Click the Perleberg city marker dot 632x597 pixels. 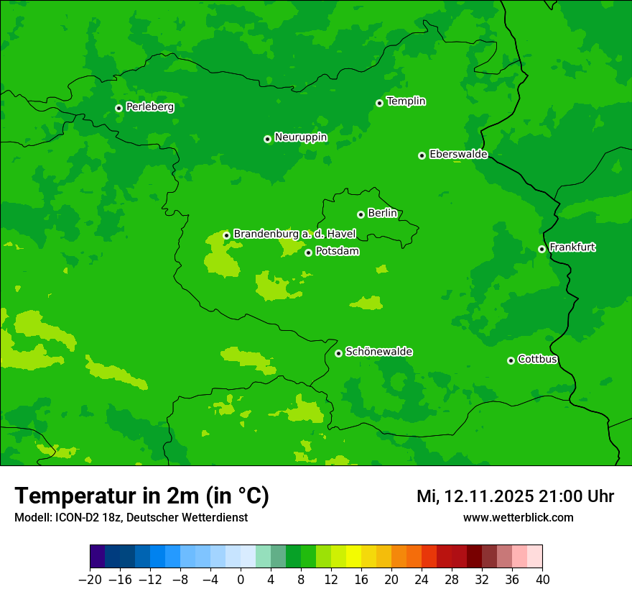pos(118,108)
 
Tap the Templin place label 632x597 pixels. pos(406,101)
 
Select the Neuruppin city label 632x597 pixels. pos(301,137)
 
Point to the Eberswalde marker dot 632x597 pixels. pos(422,155)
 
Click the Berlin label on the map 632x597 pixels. pos(382,214)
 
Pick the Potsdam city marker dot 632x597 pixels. pos(308,252)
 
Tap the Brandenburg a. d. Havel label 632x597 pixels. pos(294,234)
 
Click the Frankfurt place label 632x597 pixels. pos(572,247)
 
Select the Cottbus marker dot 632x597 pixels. pos(511,360)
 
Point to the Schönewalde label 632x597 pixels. pos(378,352)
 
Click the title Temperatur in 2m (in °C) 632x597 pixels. pos(142,496)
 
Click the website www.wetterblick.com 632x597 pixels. pos(518,517)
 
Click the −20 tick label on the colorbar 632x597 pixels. pos(90,580)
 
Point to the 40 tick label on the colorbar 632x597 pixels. pos(542,580)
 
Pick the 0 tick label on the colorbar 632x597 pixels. pos(241,580)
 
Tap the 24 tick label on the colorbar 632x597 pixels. pos(422,580)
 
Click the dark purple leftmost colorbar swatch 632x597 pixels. pos(98,557)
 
